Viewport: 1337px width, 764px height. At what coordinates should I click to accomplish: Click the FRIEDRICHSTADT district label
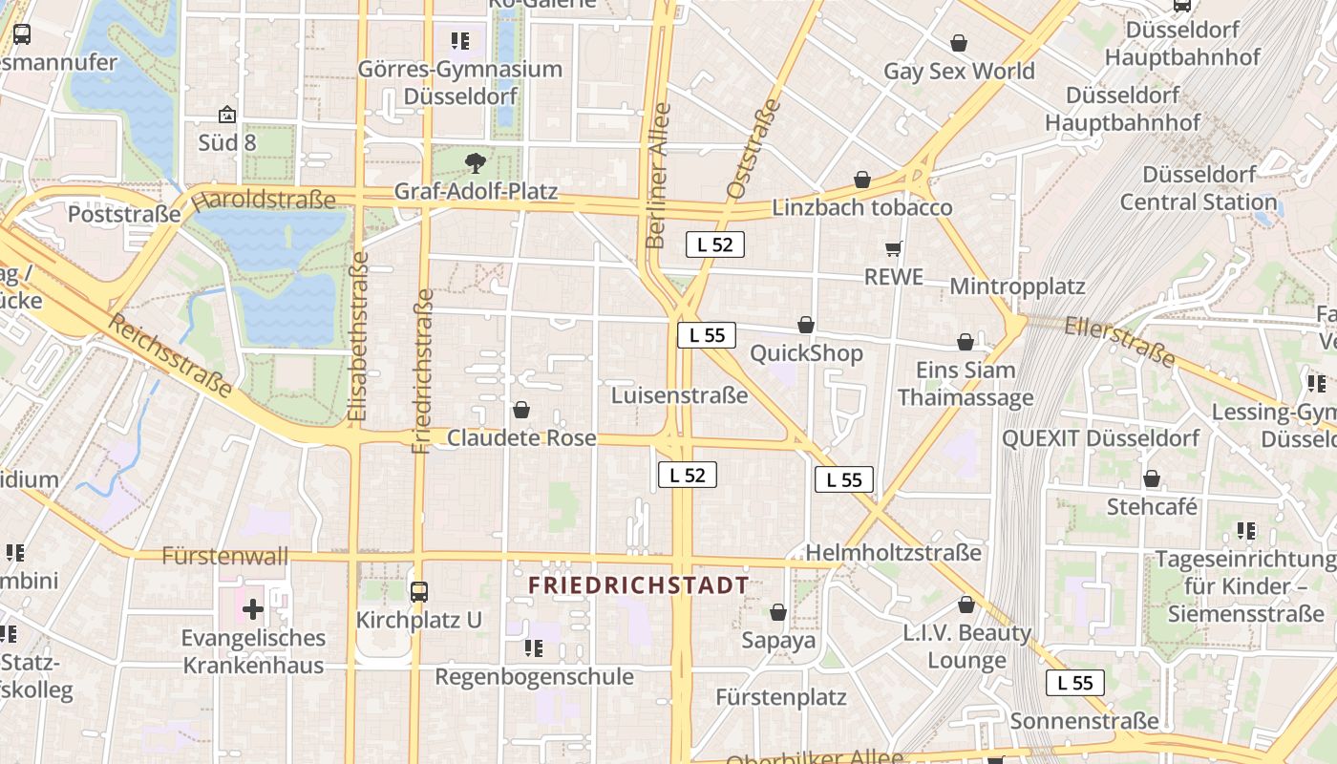pos(639,584)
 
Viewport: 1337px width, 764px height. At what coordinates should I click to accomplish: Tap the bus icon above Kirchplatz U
pos(419,591)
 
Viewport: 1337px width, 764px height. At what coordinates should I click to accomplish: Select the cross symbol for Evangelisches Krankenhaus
pos(253,608)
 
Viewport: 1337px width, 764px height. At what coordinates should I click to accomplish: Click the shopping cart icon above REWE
pos(894,249)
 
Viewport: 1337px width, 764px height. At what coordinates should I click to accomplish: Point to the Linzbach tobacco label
pos(862,207)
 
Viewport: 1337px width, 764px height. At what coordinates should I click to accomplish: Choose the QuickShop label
pos(806,353)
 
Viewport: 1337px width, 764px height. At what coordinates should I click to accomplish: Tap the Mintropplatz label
pos(1017,286)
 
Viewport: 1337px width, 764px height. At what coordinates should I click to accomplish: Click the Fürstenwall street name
pos(225,556)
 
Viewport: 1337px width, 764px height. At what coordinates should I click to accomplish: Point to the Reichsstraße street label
pos(170,355)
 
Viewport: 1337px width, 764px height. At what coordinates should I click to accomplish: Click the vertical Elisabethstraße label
pos(358,336)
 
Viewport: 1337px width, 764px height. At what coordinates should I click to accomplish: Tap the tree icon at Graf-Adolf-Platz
pos(475,162)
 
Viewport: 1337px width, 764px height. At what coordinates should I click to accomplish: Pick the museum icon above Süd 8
pos(227,115)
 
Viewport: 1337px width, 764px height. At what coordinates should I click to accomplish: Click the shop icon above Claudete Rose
pos(521,410)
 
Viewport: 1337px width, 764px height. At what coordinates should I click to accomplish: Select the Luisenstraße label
pos(679,395)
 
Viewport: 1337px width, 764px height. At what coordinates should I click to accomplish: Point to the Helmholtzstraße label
pos(893,552)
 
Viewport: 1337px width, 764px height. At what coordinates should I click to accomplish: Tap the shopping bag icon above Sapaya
pos(778,612)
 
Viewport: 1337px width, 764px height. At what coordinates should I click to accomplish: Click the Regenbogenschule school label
pos(534,676)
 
